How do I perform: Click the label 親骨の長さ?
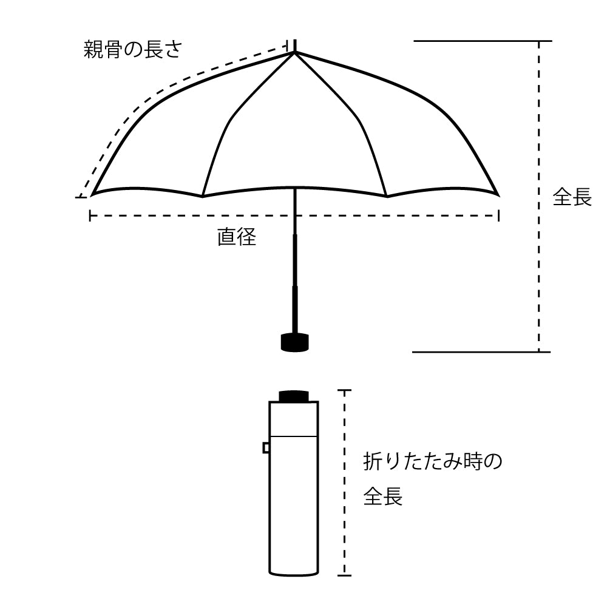pyautogui.click(x=132, y=50)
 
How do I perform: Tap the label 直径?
pyautogui.click(x=237, y=237)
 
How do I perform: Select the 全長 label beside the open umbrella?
pyautogui.click(x=572, y=197)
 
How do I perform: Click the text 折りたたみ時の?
pyautogui.click(x=432, y=461)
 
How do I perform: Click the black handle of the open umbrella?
pyautogui.click(x=294, y=342)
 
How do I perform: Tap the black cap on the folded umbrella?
pyautogui.click(x=294, y=396)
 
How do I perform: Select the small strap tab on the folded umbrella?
pyautogui.click(x=266, y=448)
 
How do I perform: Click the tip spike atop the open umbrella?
pyautogui.click(x=295, y=46)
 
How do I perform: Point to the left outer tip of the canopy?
pyautogui.click(x=92, y=196)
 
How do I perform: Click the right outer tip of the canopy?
pyautogui.click(x=498, y=195)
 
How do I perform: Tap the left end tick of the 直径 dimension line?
pyautogui.click(x=90, y=215)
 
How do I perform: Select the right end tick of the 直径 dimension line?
pyautogui.click(x=498, y=215)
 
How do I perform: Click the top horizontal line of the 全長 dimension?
pyautogui.click(x=483, y=41)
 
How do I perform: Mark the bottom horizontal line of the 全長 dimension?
pyautogui.click(x=481, y=352)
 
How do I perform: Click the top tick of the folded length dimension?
pyautogui.click(x=344, y=390)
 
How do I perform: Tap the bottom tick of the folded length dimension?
pyautogui.click(x=344, y=575)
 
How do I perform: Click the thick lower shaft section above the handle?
pyautogui.click(x=295, y=309)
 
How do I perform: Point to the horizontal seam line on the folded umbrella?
pyautogui.click(x=294, y=436)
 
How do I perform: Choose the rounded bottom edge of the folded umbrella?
pyautogui.click(x=294, y=574)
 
